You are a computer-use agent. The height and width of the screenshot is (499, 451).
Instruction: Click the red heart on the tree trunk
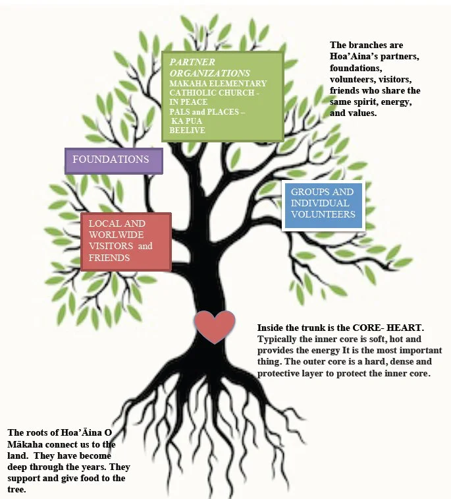tap(215, 326)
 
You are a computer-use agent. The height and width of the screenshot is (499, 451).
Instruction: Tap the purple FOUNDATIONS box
tap(113, 160)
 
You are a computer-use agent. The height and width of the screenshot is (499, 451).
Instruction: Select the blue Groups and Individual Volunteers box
tap(323, 204)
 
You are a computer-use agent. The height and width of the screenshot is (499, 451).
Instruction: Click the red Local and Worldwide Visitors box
tap(125, 241)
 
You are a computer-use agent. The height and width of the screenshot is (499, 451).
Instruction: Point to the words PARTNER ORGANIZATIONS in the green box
tap(209, 67)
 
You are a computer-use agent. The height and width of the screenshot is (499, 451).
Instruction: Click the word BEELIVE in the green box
tap(187, 131)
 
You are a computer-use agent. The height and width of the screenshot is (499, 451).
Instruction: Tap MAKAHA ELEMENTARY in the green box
tap(218, 84)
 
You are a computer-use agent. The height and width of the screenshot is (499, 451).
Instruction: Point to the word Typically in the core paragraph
tap(279, 339)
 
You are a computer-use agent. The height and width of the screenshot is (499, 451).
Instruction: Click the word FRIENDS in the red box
tap(109, 258)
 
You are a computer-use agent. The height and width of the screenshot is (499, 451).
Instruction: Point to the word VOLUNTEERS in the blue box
tap(323, 214)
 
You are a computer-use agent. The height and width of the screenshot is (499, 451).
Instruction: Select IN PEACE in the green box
tap(188, 102)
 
